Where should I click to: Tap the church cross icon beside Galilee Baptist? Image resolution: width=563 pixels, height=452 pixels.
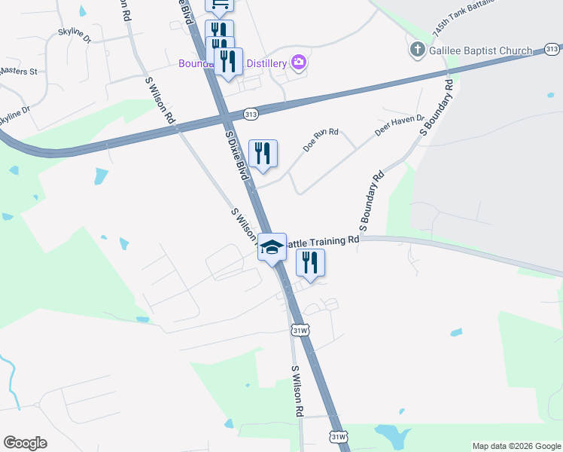[417, 50]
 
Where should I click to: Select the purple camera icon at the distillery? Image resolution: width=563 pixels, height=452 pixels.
[298, 62]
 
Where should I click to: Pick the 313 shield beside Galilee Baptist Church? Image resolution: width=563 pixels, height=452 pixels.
[551, 50]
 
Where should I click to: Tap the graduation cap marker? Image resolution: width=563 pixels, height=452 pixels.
[272, 246]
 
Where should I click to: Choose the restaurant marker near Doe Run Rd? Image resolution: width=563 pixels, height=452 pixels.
[263, 154]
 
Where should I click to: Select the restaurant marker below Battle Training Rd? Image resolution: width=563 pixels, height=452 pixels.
[309, 262]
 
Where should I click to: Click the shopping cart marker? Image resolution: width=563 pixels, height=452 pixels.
[220, 5]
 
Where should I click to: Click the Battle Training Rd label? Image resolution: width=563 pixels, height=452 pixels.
[323, 241]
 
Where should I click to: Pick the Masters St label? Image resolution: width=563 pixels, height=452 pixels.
[18, 72]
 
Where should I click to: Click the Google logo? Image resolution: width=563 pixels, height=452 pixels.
[25, 443]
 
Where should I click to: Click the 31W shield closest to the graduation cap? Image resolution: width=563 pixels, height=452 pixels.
[300, 330]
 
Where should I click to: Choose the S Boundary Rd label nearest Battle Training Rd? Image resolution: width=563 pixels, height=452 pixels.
[372, 201]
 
